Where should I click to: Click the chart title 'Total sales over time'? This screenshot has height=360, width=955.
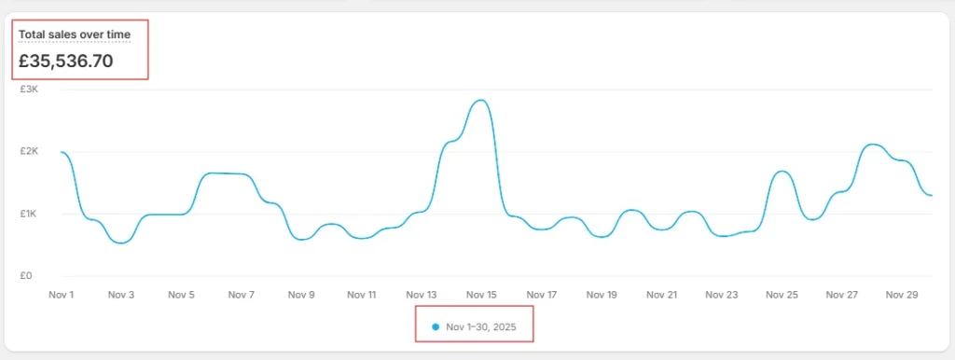[x=75, y=35]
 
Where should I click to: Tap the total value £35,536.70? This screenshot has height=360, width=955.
[x=66, y=61]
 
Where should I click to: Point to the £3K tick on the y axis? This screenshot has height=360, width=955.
[x=29, y=89]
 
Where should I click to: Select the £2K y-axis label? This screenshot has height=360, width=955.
[x=29, y=151]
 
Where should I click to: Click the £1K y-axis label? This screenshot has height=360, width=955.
[x=29, y=214]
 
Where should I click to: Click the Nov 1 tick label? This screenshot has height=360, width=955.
[x=61, y=295]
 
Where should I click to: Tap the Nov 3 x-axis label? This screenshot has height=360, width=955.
[x=120, y=295]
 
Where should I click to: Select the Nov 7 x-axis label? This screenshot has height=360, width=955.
[x=242, y=295]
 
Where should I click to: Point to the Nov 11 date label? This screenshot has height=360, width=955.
[x=361, y=295]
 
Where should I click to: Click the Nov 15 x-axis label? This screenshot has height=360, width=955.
[x=481, y=295]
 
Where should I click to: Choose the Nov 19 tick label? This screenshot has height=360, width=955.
[x=602, y=295]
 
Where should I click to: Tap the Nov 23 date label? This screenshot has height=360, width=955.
[x=722, y=295]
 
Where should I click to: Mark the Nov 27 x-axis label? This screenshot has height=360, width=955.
[x=842, y=295]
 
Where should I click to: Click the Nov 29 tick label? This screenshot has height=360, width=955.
[x=902, y=295]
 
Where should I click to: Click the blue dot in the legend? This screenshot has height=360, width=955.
[x=435, y=327]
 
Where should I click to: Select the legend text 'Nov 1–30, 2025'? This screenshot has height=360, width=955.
[x=481, y=327]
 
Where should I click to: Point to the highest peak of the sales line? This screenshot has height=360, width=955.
[x=481, y=100]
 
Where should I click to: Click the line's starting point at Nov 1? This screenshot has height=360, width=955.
[x=61, y=152]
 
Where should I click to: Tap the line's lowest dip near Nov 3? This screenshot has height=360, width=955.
[x=120, y=243]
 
